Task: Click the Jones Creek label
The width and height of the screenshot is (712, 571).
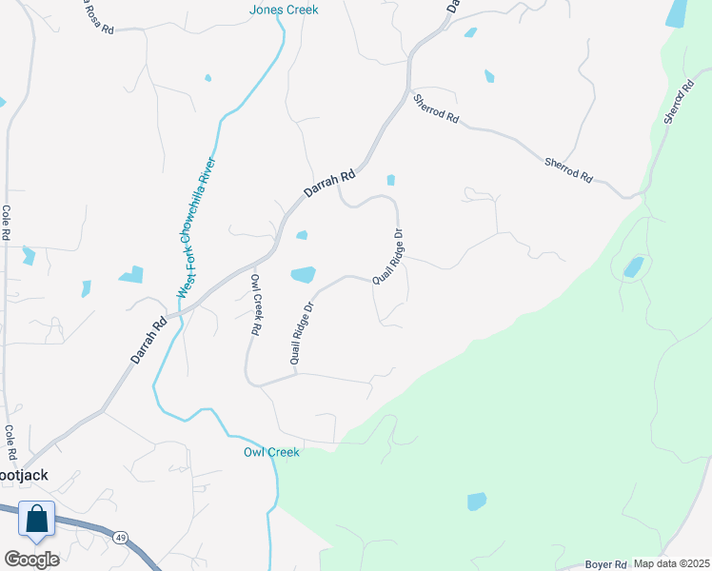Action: click(x=284, y=10)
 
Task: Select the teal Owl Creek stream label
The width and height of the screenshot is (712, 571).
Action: click(x=271, y=452)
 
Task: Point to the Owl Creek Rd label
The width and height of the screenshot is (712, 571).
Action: click(x=255, y=304)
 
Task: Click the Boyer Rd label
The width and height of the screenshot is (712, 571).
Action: click(x=605, y=563)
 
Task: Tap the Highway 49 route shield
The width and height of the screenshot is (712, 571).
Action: click(x=120, y=538)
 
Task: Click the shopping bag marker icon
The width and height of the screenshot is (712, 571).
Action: click(x=37, y=520)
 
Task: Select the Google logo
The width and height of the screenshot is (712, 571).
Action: click(x=31, y=559)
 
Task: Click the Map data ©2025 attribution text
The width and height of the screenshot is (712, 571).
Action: click(x=671, y=563)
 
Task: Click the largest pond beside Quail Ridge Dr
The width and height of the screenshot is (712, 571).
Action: click(x=302, y=275)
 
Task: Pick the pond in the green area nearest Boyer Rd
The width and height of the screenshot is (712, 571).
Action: click(x=477, y=501)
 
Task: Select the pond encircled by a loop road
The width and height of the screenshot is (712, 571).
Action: click(x=633, y=267)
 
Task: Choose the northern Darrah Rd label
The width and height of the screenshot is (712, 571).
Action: click(x=329, y=183)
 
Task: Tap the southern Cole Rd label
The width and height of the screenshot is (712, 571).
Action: click(x=10, y=443)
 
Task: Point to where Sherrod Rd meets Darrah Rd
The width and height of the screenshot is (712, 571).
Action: click(x=412, y=89)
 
